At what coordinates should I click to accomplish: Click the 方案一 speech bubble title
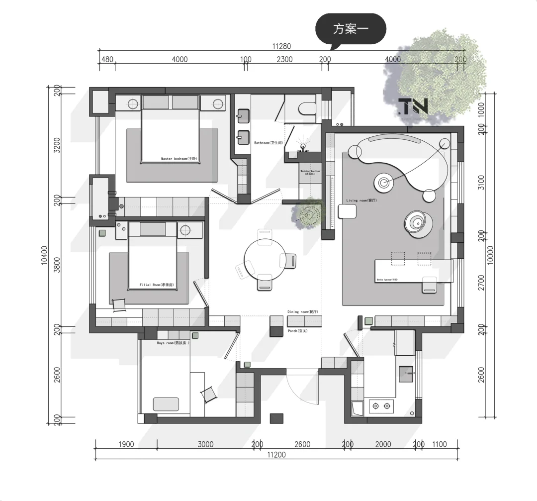coord(351,29)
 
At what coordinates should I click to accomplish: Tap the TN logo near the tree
coord(413,105)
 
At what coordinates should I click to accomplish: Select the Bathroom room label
coord(268,143)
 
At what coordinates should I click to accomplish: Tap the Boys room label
coord(173,343)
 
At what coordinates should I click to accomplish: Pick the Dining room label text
coord(302,312)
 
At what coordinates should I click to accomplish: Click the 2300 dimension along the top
coord(284,59)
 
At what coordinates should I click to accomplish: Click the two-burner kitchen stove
coord(381,406)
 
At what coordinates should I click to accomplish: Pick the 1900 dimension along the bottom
coord(126,444)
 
